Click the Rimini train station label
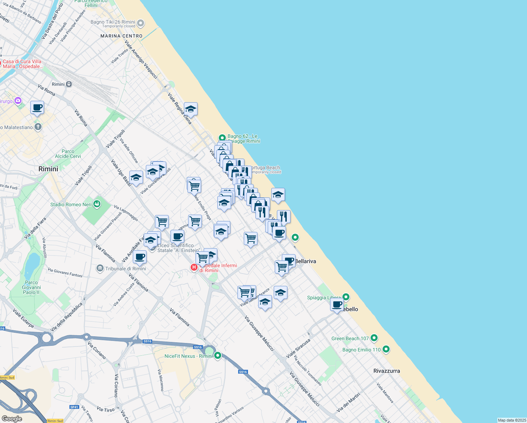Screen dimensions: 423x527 [x=58, y=84]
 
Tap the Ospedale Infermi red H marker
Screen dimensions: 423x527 [x=194, y=268]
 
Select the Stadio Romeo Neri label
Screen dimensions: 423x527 [x=71, y=204]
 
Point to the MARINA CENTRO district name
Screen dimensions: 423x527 [x=122, y=36]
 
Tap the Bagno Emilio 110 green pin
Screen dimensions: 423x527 [x=386, y=349]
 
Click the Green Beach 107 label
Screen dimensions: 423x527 [x=350, y=338]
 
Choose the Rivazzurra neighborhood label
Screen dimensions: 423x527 [x=386, y=371]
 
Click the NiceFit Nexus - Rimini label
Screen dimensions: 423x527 [x=188, y=356]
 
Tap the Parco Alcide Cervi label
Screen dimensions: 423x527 [x=68, y=154]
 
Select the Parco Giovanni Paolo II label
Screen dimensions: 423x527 [x=31, y=287]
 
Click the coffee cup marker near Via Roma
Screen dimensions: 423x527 [x=37, y=108]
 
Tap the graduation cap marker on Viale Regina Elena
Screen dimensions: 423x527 [x=191, y=109]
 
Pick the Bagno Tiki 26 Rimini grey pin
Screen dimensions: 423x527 [x=141, y=23]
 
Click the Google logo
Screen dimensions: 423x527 [x=12, y=418]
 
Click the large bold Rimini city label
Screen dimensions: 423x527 [x=48, y=169]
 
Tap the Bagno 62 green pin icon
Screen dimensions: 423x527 [x=222, y=137]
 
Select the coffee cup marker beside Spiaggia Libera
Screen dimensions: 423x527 [x=337, y=305]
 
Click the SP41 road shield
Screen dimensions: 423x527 [x=74, y=407]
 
